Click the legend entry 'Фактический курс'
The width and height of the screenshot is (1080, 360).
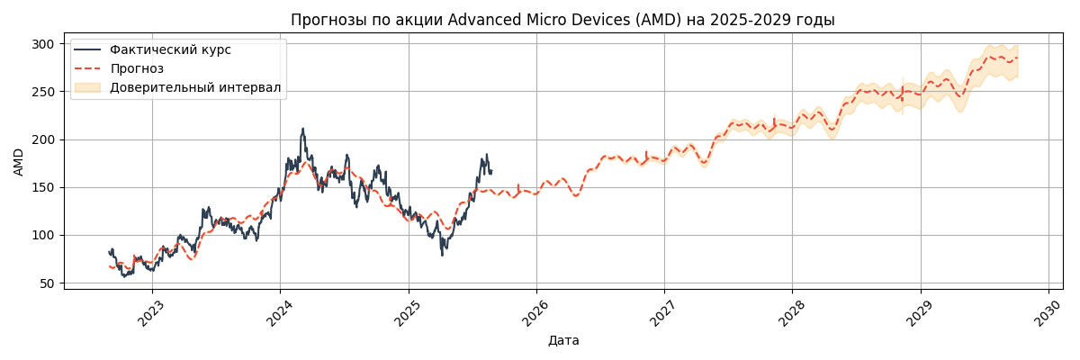[x=170, y=50]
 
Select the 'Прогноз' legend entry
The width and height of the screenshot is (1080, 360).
[x=137, y=68]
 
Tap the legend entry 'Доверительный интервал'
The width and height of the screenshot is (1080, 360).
[x=195, y=87]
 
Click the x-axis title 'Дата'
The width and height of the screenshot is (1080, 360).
[x=563, y=341]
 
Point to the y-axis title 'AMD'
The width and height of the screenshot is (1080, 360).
[x=19, y=161]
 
